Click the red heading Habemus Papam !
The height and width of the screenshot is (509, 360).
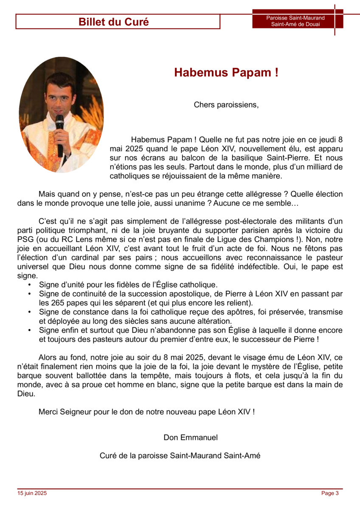(x=226, y=73)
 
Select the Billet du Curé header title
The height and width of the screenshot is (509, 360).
(x=114, y=22)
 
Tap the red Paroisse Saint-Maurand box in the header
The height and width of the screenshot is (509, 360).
(x=295, y=21)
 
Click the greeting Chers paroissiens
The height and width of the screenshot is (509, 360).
(x=226, y=104)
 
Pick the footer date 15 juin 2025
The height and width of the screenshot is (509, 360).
(x=32, y=493)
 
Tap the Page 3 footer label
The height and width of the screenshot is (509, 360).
(x=330, y=493)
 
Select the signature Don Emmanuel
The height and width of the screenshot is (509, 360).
(x=191, y=437)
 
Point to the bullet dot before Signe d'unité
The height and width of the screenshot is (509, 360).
(x=29, y=285)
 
